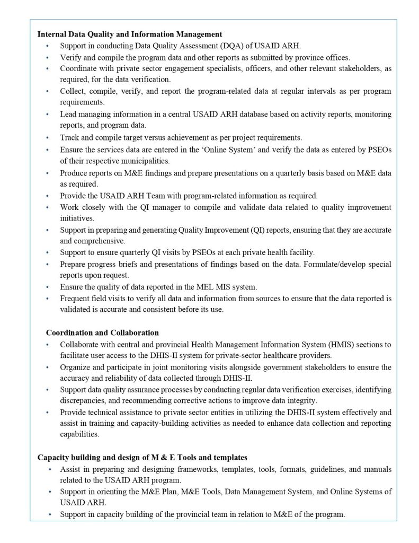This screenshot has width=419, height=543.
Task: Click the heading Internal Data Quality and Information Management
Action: click(x=129, y=34)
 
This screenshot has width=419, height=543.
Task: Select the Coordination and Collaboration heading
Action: click(x=102, y=333)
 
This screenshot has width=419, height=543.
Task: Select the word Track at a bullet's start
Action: click(x=70, y=137)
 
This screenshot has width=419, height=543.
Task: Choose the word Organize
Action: click(x=76, y=367)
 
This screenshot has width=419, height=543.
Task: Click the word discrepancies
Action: click(x=83, y=400)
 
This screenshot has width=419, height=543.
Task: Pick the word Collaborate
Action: click(x=79, y=345)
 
